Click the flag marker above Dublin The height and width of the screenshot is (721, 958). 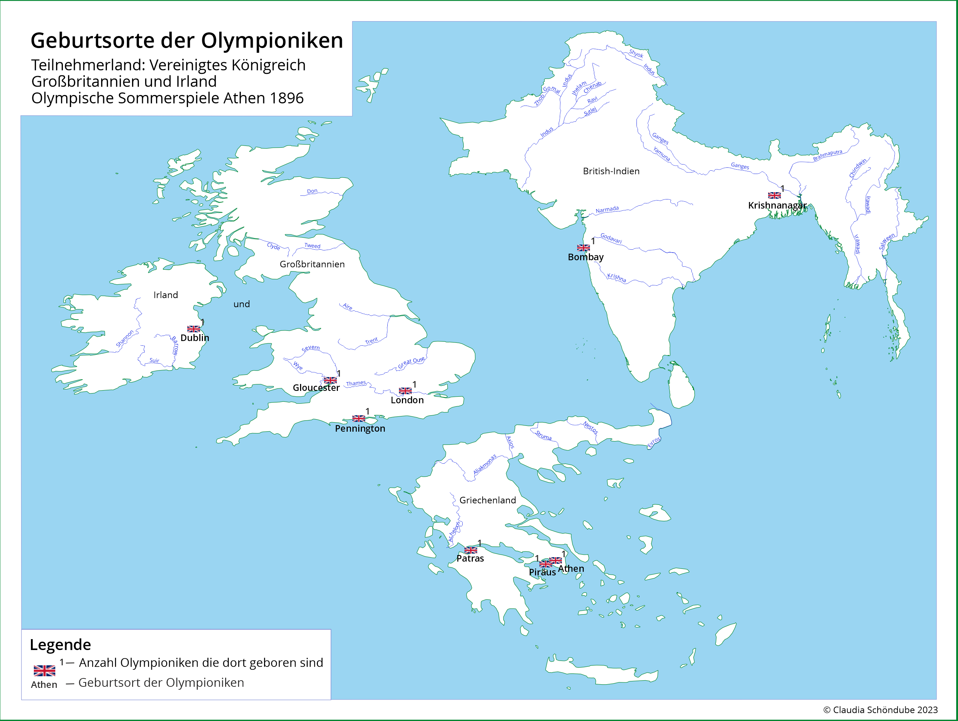[x=193, y=329]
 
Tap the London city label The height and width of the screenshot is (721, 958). [x=407, y=400]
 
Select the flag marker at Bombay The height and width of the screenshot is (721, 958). [x=583, y=248]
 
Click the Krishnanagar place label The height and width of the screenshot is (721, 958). [x=777, y=205]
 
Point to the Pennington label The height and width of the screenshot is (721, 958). [x=360, y=428]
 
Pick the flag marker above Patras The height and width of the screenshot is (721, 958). [x=471, y=550]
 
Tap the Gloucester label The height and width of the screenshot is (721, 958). [x=316, y=388]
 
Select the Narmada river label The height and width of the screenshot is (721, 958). [x=607, y=210]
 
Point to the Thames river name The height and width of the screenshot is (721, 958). [x=356, y=383]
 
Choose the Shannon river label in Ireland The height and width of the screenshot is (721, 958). [x=125, y=338]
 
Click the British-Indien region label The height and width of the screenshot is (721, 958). [x=611, y=171]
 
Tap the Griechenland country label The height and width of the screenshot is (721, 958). [x=488, y=500]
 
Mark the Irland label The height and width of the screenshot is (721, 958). [x=165, y=295]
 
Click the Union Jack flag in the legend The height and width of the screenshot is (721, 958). [x=45, y=671]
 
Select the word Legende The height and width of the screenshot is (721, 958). [x=60, y=645]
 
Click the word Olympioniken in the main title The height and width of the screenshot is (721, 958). [x=272, y=41]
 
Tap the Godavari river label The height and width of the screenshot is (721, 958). [x=611, y=238]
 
